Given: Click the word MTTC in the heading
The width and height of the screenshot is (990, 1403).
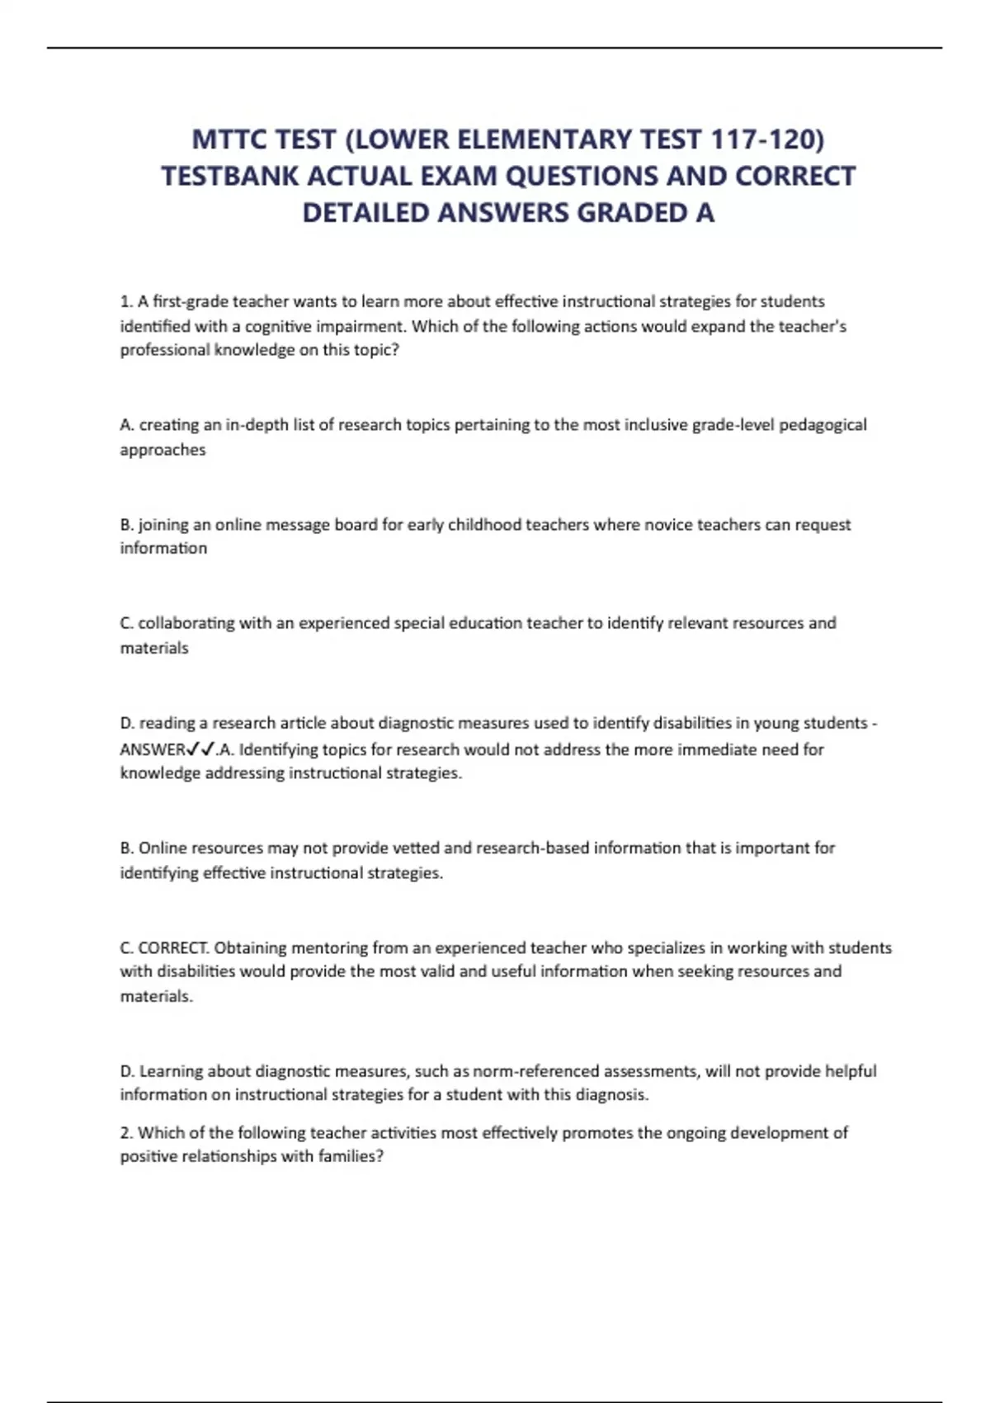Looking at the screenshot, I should coord(229,139).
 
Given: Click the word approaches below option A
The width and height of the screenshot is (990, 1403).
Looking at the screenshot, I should coord(163,450).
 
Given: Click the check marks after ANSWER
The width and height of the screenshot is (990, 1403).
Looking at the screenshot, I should coord(201,749).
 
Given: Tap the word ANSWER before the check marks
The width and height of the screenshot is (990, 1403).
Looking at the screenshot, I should coord(153,749).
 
